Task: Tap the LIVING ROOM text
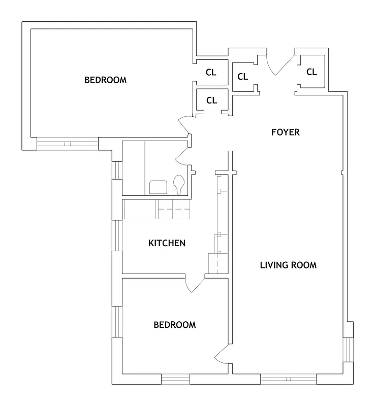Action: pyautogui.click(x=288, y=265)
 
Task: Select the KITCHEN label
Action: pyautogui.click(x=167, y=243)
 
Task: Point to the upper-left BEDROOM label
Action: pyautogui.click(x=105, y=80)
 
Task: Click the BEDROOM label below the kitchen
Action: pyautogui.click(x=174, y=325)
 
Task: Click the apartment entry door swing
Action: pyautogui.click(x=278, y=64)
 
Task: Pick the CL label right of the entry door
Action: pyautogui.click(x=311, y=72)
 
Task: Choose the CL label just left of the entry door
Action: pyautogui.click(x=242, y=77)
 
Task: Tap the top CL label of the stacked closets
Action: pyautogui.click(x=211, y=73)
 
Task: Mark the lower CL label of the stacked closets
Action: pyautogui.click(x=211, y=100)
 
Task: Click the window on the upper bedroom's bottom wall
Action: pyautogui.click(x=67, y=144)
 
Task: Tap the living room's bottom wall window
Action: pyautogui.click(x=288, y=379)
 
